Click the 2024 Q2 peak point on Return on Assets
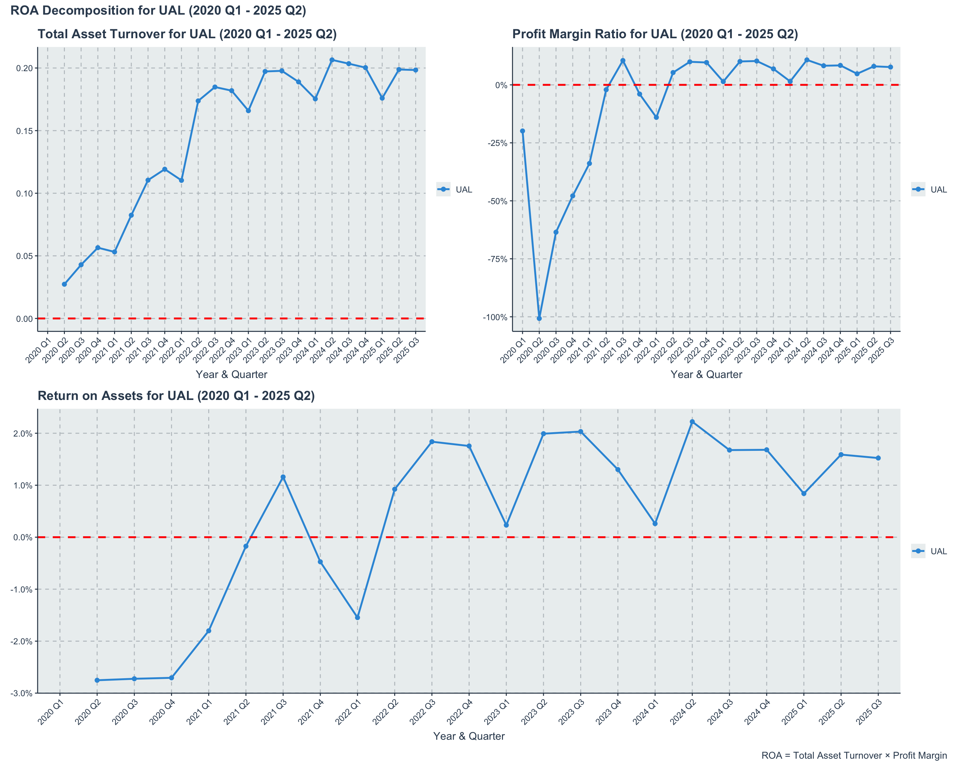click(692, 422)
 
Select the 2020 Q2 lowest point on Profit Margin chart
click(539, 319)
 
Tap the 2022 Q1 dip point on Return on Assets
click(357, 618)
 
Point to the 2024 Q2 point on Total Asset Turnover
click(332, 60)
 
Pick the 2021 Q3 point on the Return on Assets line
click(283, 477)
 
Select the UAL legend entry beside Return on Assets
click(938, 551)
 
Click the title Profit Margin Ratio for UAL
click(655, 34)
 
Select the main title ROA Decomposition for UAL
click(158, 10)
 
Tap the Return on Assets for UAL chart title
click(176, 396)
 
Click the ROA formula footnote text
click(854, 755)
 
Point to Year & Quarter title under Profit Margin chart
click(706, 374)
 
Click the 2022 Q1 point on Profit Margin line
click(656, 117)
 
